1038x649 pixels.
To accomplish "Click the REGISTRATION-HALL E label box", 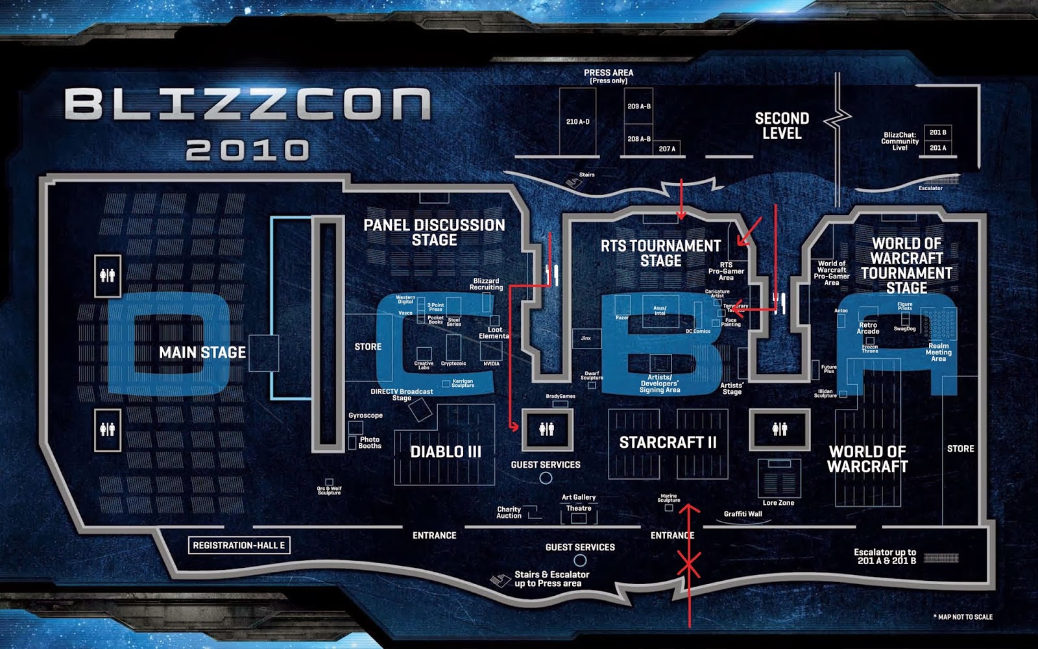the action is coord(239,545).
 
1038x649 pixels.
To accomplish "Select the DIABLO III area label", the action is coord(446,452).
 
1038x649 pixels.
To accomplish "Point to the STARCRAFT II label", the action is coord(668,443).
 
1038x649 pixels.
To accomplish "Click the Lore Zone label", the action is coord(778,503).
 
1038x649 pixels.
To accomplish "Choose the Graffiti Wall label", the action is coord(743,514).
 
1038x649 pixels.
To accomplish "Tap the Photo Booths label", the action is coord(370,443).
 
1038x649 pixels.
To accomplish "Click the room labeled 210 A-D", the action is coord(577,121).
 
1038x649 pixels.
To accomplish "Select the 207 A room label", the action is coord(667,149).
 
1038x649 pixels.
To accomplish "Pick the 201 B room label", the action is coord(937,132).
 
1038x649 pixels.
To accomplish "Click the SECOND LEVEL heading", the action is coord(782,126).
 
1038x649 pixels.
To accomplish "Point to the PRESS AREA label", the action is coord(609,76).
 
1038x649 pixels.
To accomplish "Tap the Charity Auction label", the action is coord(509,513).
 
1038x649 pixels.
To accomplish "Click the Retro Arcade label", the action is coord(867,328).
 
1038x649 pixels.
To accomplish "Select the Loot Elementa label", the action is coord(494,333).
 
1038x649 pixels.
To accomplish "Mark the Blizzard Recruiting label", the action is coord(486,284).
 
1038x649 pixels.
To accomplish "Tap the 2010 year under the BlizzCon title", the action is coord(247,150).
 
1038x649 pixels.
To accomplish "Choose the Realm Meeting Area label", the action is coord(938,352).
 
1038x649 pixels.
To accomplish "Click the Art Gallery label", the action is coord(579,497).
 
